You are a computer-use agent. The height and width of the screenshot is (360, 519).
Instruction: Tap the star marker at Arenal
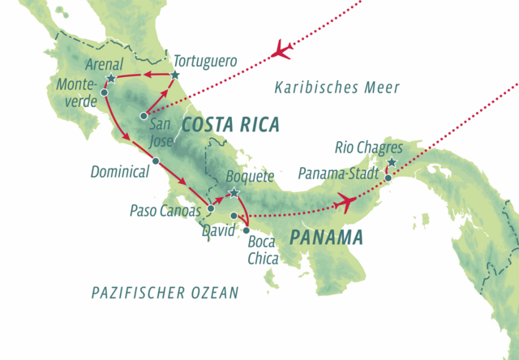[x=110, y=79]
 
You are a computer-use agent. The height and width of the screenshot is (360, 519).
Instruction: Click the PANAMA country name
[x=326, y=238]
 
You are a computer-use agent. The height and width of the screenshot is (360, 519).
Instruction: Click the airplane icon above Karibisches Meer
[x=281, y=49]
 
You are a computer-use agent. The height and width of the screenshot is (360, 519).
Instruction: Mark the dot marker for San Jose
[x=143, y=114]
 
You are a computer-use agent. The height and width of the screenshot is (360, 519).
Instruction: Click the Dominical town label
[x=119, y=172]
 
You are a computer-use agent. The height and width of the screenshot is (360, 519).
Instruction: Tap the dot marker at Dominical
[x=155, y=161]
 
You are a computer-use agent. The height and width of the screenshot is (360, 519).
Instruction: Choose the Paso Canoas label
[x=165, y=210]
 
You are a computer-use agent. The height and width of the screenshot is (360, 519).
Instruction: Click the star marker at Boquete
[x=234, y=193]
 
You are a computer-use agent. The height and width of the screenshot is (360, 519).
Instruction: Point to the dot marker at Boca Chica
[x=247, y=230]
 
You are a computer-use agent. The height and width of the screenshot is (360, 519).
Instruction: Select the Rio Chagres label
[x=368, y=148]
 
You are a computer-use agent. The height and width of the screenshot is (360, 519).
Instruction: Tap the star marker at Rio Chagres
[x=392, y=163]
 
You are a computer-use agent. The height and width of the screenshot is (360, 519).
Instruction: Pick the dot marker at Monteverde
[x=105, y=92]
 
